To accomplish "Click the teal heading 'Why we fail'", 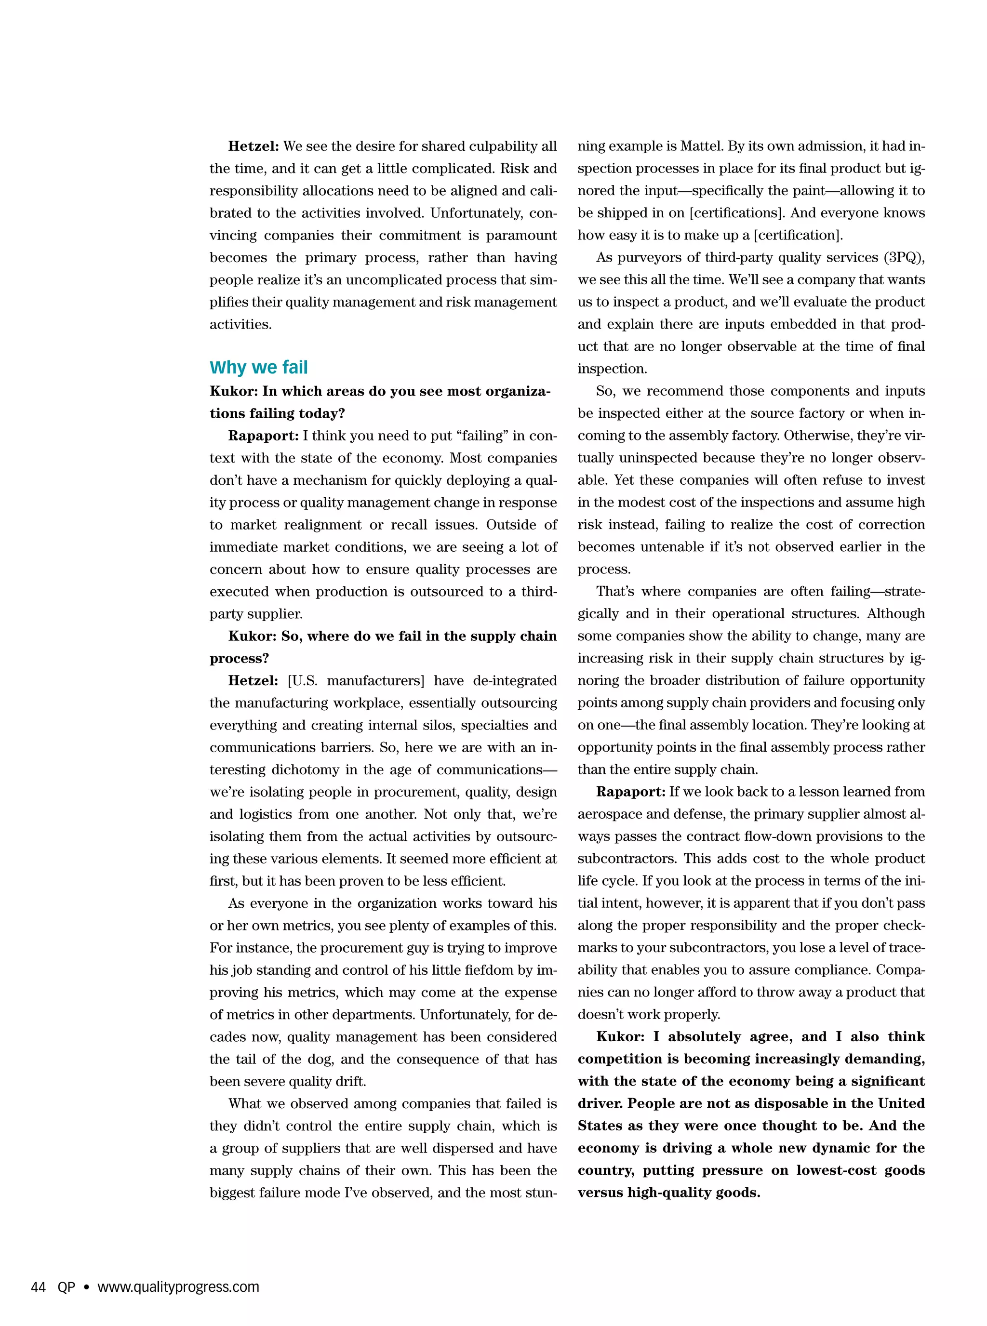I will tap(258, 367).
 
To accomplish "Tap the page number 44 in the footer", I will tap(38, 1286).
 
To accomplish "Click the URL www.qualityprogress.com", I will tap(178, 1286).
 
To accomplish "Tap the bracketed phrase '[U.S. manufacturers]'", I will tap(356, 681).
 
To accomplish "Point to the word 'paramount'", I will tap(521, 235).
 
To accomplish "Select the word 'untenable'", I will tap(673, 547).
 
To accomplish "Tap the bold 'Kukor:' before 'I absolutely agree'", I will tap(620, 1036).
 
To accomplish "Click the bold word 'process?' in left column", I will tap(239, 659).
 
